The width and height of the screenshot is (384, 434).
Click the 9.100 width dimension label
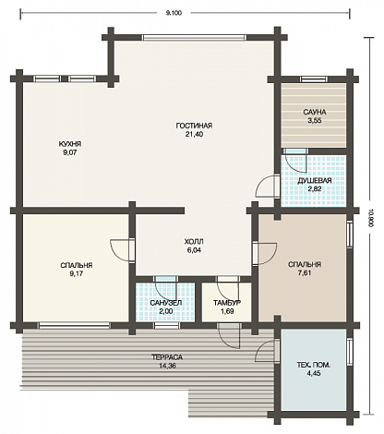click(x=174, y=13)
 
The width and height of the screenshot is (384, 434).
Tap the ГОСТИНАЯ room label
click(x=194, y=126)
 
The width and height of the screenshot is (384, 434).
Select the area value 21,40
click(x=194, y=135)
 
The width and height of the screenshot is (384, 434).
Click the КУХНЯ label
click(x=70, y=144)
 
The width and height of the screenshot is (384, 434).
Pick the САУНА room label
click(x=314, y=112)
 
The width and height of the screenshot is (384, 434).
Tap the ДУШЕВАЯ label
click(x=315, y=181)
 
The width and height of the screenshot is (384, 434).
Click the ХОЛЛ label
click(x=194, y=242)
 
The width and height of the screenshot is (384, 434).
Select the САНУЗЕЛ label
click(x=166, y=303)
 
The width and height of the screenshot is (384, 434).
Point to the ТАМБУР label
click(x=227, y=303)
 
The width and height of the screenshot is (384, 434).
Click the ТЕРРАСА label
click(x=167, y=357)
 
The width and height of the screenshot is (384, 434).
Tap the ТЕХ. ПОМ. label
click(x=314, y=366)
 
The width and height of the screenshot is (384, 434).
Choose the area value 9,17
click(x=77, y=273)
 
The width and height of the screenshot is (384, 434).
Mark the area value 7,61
click(x=304, y=273)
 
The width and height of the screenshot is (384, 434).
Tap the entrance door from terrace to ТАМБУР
click(x=228, y=336)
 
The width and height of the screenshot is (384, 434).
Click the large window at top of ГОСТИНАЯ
click(x=194, y=38)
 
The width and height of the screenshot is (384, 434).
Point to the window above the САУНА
click(x=314, y=79)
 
